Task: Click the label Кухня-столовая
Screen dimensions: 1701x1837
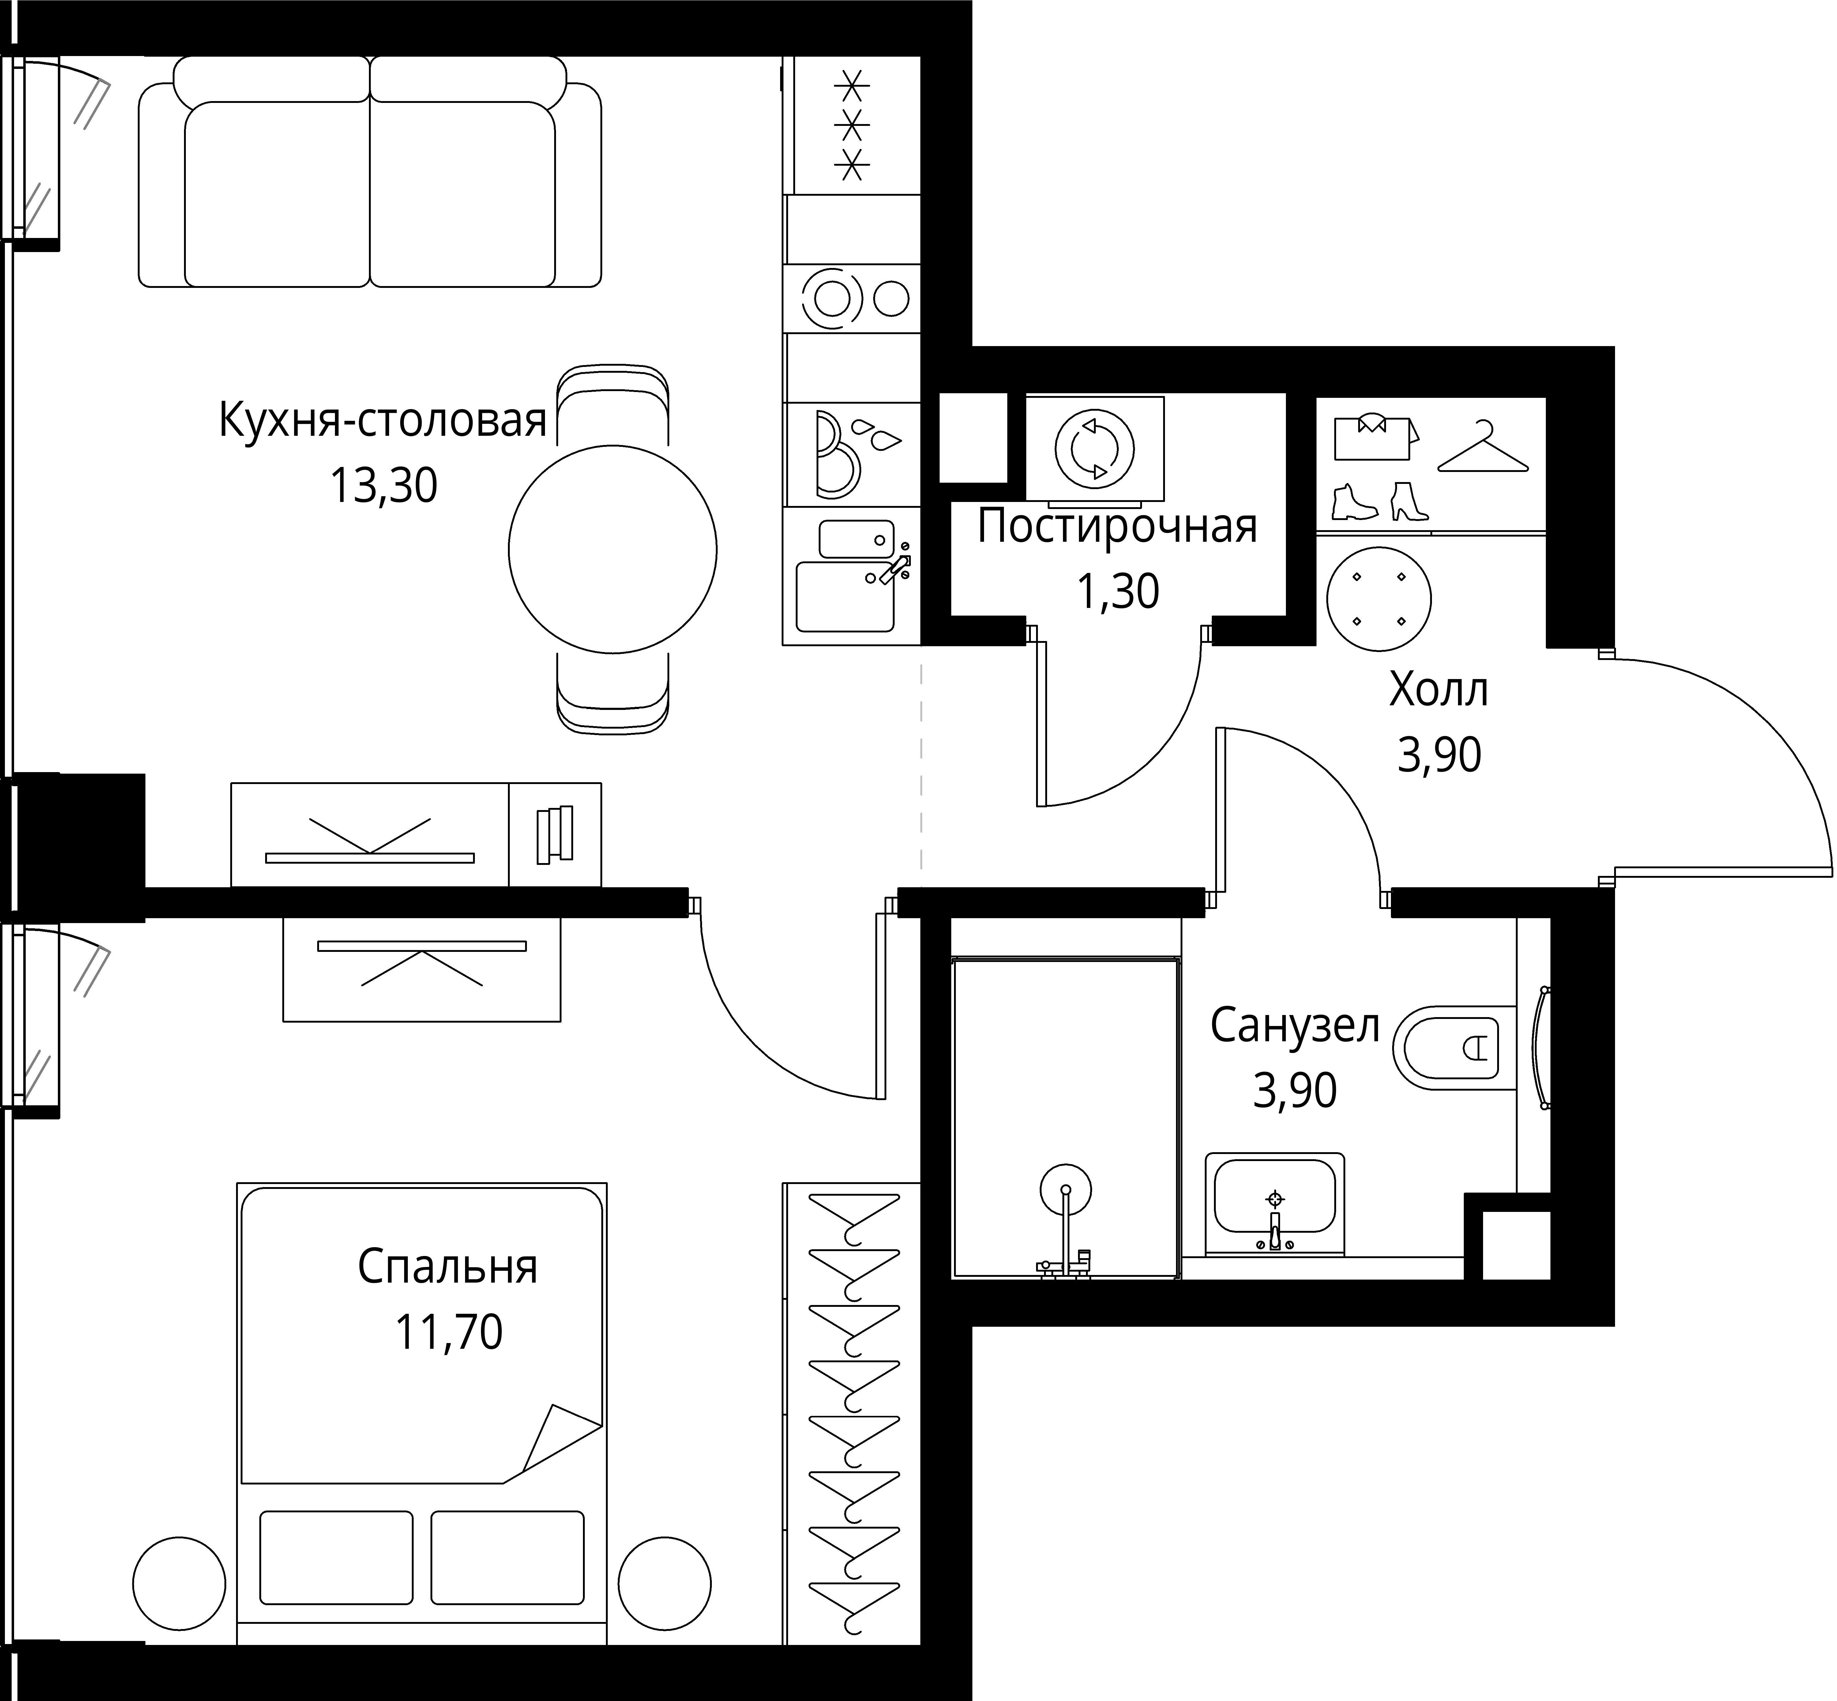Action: (382, 421)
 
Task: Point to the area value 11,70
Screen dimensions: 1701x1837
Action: (448, 1332)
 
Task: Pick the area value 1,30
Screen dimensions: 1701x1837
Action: (1117, 592)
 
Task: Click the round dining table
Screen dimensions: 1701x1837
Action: (612, 549)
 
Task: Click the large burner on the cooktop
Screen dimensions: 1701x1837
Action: (832, 298)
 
